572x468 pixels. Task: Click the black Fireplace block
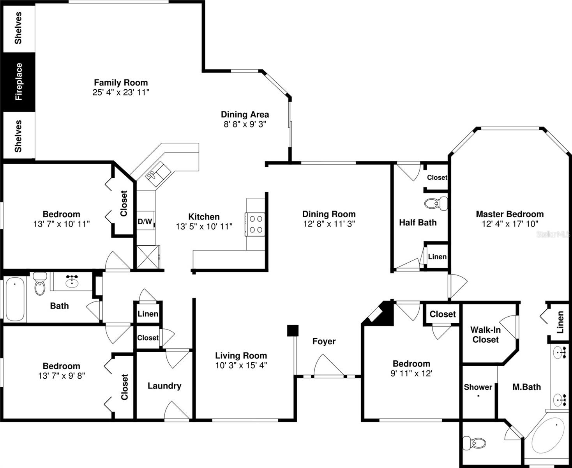point(18,82)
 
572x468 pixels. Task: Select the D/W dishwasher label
point(145,222)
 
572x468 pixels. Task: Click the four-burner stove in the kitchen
point(256,224)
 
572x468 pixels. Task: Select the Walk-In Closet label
point(485,335)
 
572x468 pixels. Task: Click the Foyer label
point(324,342)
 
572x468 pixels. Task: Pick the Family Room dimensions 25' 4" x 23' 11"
point(121,92)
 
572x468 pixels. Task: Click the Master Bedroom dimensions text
point(510,224)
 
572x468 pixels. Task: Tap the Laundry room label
point(164,386)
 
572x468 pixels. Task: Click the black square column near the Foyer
point(293,330)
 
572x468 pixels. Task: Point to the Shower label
point(478,387)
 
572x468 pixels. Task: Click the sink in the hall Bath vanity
point(72,281)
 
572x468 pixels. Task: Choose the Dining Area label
point(245,114)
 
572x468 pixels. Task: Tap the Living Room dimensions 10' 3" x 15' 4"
point(241,365)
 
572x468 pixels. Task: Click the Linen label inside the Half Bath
point(437,257)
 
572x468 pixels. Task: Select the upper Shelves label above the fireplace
point(18,28)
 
